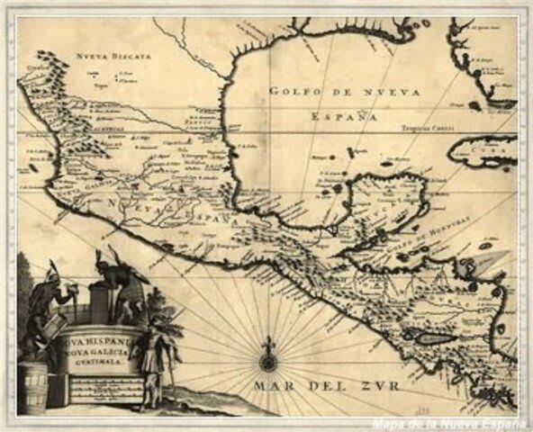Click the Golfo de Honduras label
[423, 225]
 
